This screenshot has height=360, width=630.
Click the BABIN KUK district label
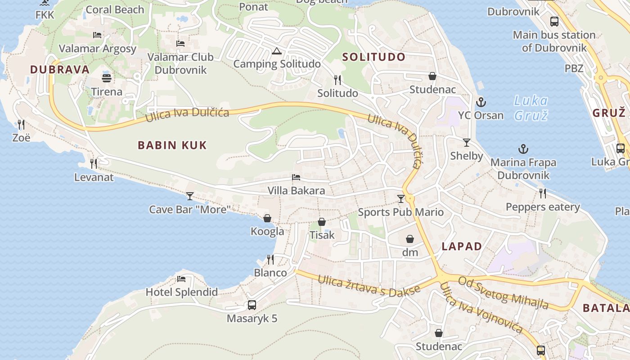(172, 145)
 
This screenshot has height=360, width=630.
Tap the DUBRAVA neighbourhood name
(60, 69)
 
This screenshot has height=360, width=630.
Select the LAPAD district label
(462, 246)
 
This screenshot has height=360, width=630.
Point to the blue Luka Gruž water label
(531, 108)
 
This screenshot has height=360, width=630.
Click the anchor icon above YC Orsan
(481, 102)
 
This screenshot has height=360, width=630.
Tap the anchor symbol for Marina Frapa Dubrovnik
(523, 149)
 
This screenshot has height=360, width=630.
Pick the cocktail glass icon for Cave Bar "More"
(190, 196)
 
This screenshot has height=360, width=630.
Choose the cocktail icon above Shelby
(467, 143)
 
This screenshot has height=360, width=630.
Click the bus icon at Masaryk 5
(252, 305)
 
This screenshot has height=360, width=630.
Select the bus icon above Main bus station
(554, 21)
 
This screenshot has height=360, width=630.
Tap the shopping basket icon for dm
(410, 239)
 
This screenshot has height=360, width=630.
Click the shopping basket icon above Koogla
(267, 218)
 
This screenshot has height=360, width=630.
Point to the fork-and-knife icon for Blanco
(270, 259)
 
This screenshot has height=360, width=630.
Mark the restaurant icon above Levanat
(94, 163)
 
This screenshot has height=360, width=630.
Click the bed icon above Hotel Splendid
(181, 279)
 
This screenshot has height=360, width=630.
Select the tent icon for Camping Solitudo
(276, 50)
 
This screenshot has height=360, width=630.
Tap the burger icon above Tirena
(106, 78)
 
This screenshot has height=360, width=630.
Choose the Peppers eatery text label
(543, 207)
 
